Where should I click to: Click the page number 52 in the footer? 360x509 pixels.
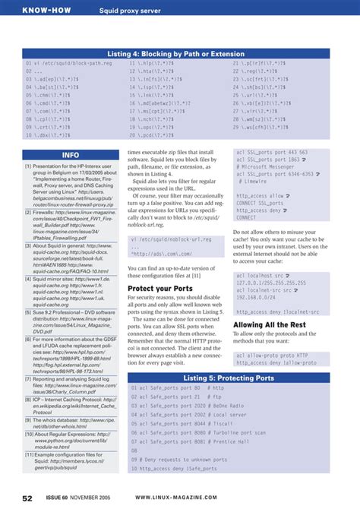(x=27, y=498)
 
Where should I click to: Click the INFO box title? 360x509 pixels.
(x=71, y=154)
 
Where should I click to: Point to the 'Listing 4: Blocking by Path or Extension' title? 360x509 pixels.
(x=179, y=54)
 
